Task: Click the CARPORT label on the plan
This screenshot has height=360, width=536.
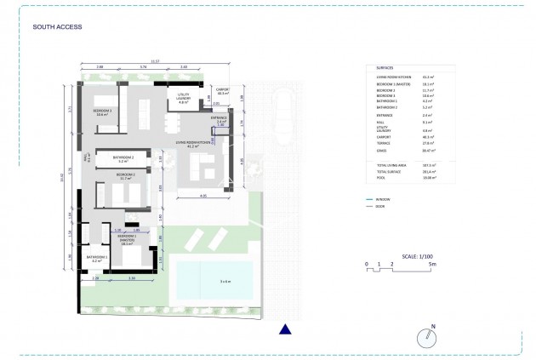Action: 223,89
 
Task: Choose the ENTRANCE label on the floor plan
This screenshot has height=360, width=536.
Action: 220,119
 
